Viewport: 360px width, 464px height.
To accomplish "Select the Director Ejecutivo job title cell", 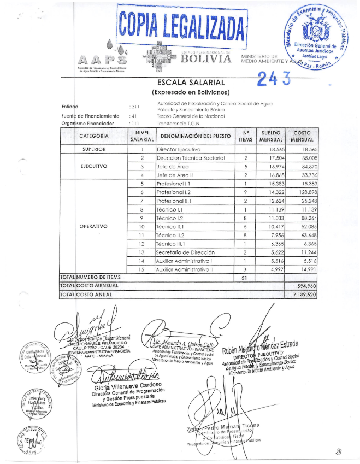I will [x=178, y=149].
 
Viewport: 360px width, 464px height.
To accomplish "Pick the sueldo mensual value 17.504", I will [x=276, y=158].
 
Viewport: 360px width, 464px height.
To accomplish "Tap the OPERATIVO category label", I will [x=94, y=225].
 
